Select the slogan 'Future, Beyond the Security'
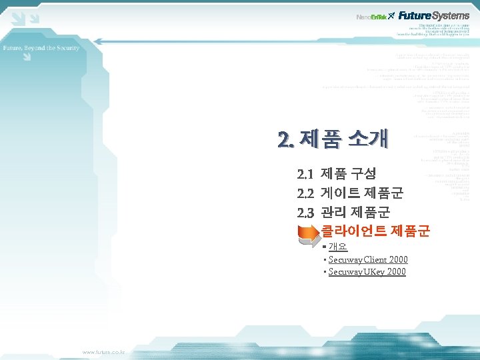[x=41, y=48]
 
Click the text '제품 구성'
[x=348, y=175]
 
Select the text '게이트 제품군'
[x=361, y=194]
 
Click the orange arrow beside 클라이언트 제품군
[x=307, y=232]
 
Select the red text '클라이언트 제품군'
[x=375, y=232]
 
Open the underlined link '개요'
[x=337, y=247]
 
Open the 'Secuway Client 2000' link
[x=368, y=259]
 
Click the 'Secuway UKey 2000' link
[x=367, y=272]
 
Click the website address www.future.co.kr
[x=107, y=351]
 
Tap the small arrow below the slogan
[x=25, y=58]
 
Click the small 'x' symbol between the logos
[x=392, y=15]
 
